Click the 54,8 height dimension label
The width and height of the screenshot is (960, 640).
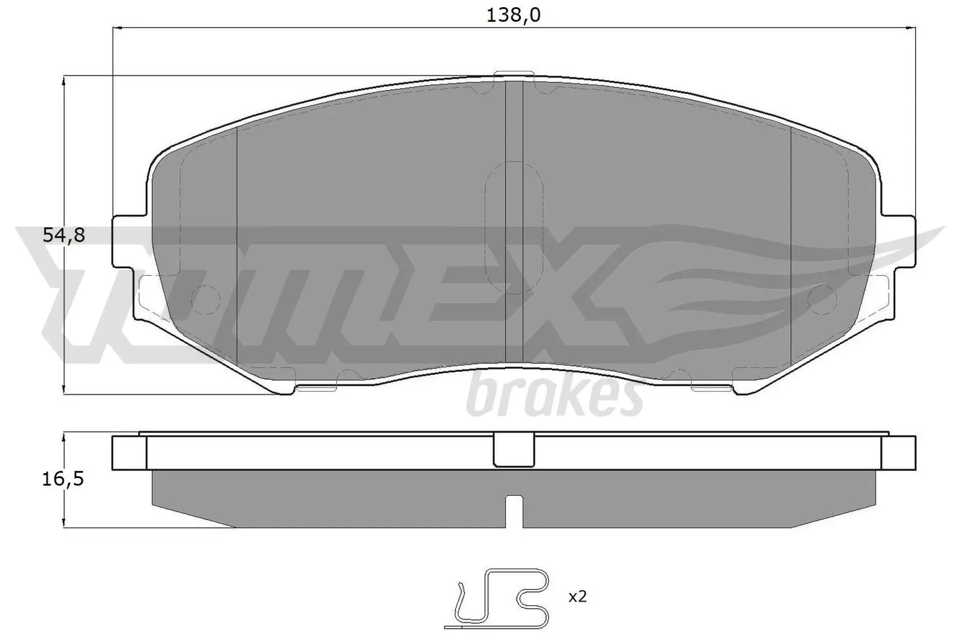(64, 235)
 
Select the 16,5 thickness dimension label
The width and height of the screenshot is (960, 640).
(63, 479)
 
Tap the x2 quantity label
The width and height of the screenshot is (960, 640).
(577, 596)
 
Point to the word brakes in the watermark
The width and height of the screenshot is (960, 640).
(551, 396)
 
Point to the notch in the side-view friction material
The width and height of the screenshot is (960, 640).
(514, 510)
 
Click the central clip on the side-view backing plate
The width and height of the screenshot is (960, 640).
(514, 451)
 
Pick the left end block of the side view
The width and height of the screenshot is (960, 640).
(129, 452)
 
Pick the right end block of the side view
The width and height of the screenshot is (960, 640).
(899, 452)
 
